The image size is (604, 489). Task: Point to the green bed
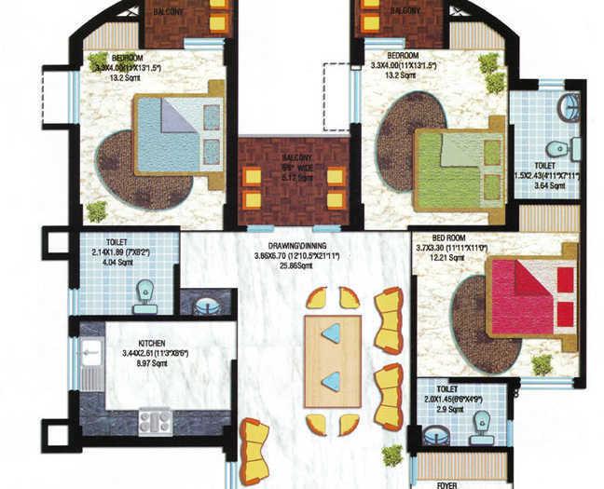click(460, 169)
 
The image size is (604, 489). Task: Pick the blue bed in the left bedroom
click(179, 132)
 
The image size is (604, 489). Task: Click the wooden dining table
click(332, 360)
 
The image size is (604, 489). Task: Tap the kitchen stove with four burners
click(156, 421)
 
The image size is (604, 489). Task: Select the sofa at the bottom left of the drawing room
click(254, 451)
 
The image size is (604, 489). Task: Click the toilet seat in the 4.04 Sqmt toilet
click(144, 297)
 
